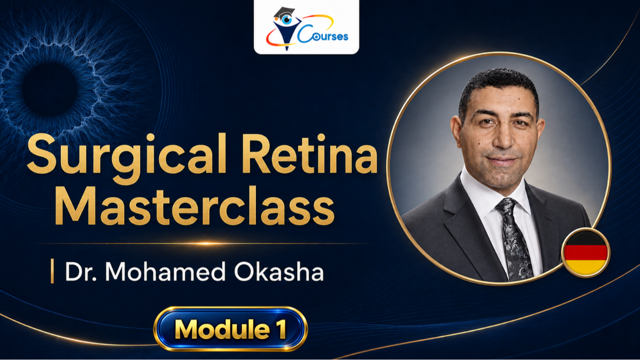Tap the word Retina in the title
pyautogui.click(x=310, y=154)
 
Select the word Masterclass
pyautogui.click(x=194, y=205)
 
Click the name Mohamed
pyautogui.click(x=165, y=271)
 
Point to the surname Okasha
pyautogui.click(x=279, y=271)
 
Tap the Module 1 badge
pyautogui.click(x=230, y=329)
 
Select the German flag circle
pyautogui.click(x=585, y=252)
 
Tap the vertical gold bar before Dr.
pyautogui.click(x=52, y=271)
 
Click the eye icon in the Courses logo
pyautogui.click(x=286, y=19)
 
